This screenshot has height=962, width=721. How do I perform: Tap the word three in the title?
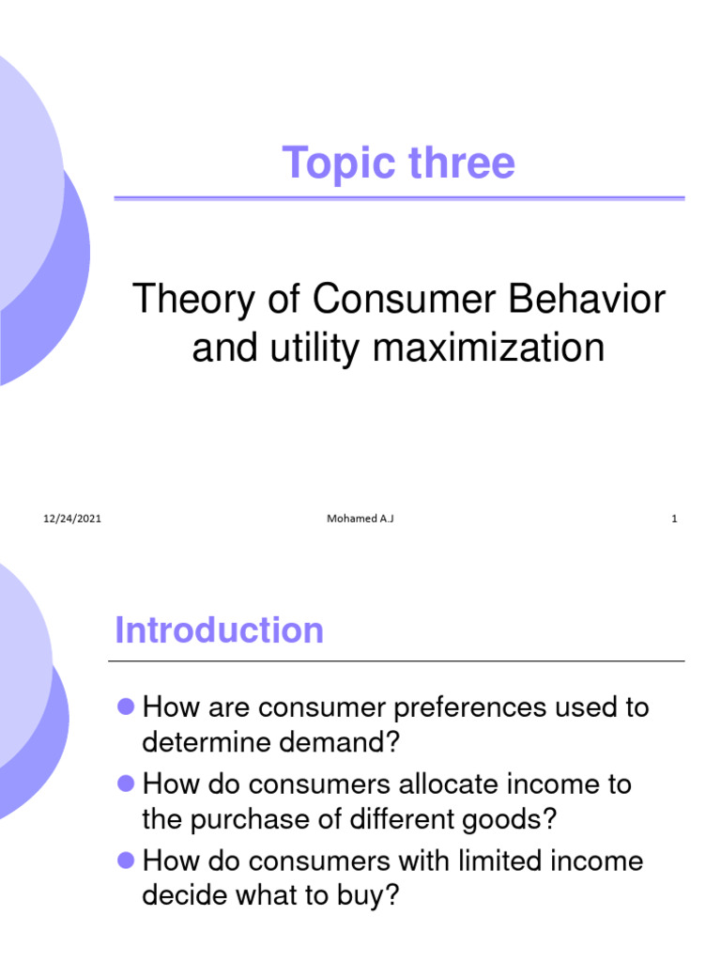462,163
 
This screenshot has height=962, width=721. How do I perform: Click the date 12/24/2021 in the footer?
72,519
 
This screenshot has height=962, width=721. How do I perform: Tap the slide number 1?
674,519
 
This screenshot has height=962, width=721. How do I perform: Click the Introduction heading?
219,630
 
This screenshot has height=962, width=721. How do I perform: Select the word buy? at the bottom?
366,896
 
